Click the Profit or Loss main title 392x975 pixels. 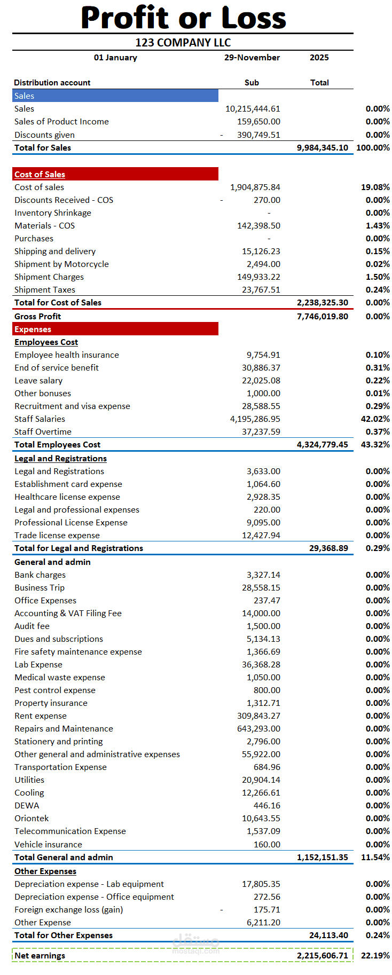click(x=183, y=18)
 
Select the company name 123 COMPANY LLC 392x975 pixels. click(x=183, y=43)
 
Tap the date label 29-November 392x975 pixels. click(x=252, y=58)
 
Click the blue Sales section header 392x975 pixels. click(x=115, y=96)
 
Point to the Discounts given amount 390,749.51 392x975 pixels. click(x=258, y=135)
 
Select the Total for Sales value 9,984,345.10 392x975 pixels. click(x=323, y=148)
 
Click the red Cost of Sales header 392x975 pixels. click(x=115, y=174)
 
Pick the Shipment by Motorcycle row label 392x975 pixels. click(x=61, y=264)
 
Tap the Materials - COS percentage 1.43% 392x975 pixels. click(x=378, y=226)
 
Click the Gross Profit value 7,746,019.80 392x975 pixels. click(x=323, y=317)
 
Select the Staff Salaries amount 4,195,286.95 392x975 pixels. click(x=255, y=419)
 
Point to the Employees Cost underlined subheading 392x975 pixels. click(x=46, y=342)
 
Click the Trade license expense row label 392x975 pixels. click(x=57, y=536)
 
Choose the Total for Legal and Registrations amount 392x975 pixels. click(x=328, y=548)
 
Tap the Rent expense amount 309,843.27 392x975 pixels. click(x=258, y=716)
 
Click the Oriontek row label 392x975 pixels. click(x=32, y=819)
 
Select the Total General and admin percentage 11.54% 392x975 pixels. click(x=375, y=858)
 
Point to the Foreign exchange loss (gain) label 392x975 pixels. click(x=68, y=910)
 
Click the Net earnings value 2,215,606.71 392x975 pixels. click(x=323, y=956)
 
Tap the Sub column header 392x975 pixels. click(x=252, y=83)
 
